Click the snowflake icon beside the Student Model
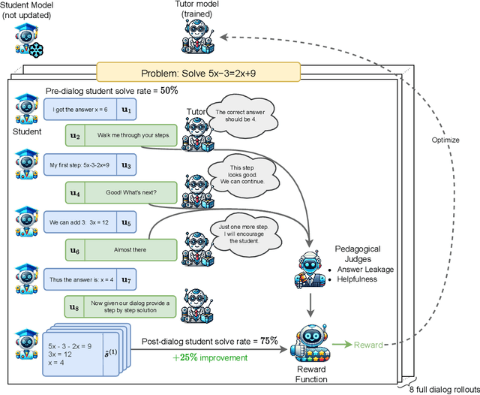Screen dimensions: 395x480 [x=33, y=46]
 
